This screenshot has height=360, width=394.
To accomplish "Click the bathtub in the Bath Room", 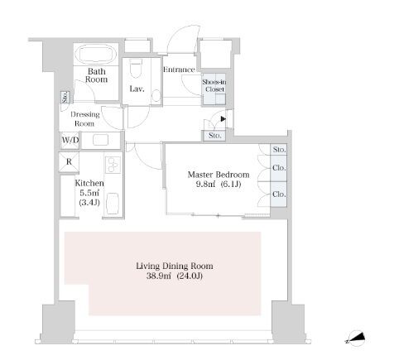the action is pos(96,55).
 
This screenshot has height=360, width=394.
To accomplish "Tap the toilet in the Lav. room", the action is pos(136,68).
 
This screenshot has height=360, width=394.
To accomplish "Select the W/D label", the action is pos(70,140).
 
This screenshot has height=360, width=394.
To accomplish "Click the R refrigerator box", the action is pos(69,161).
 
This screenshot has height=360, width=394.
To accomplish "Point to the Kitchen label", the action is pos(89,183).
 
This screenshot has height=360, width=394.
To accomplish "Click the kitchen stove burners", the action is pos(113,165).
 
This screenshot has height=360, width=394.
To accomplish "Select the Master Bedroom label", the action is pos(219,175).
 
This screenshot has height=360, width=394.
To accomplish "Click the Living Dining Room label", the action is pos(175,266).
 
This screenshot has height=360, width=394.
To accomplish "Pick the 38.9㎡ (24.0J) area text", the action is pos(175,276).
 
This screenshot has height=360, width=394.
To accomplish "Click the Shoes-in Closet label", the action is pos(214,85).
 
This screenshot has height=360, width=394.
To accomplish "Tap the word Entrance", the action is pos(179,70).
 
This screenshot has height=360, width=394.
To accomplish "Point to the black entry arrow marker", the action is pos(223,119).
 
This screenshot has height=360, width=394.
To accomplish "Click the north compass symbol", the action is pos(356,338).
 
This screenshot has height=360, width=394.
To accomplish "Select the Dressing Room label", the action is pos(84,118).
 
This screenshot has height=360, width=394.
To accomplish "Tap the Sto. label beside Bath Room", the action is pos(65,97).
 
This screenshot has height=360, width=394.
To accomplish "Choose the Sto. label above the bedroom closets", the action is pos(279,150).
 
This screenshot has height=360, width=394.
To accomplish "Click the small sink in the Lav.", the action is pos(156,95).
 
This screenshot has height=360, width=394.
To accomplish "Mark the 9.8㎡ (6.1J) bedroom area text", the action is pos(219,184).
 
